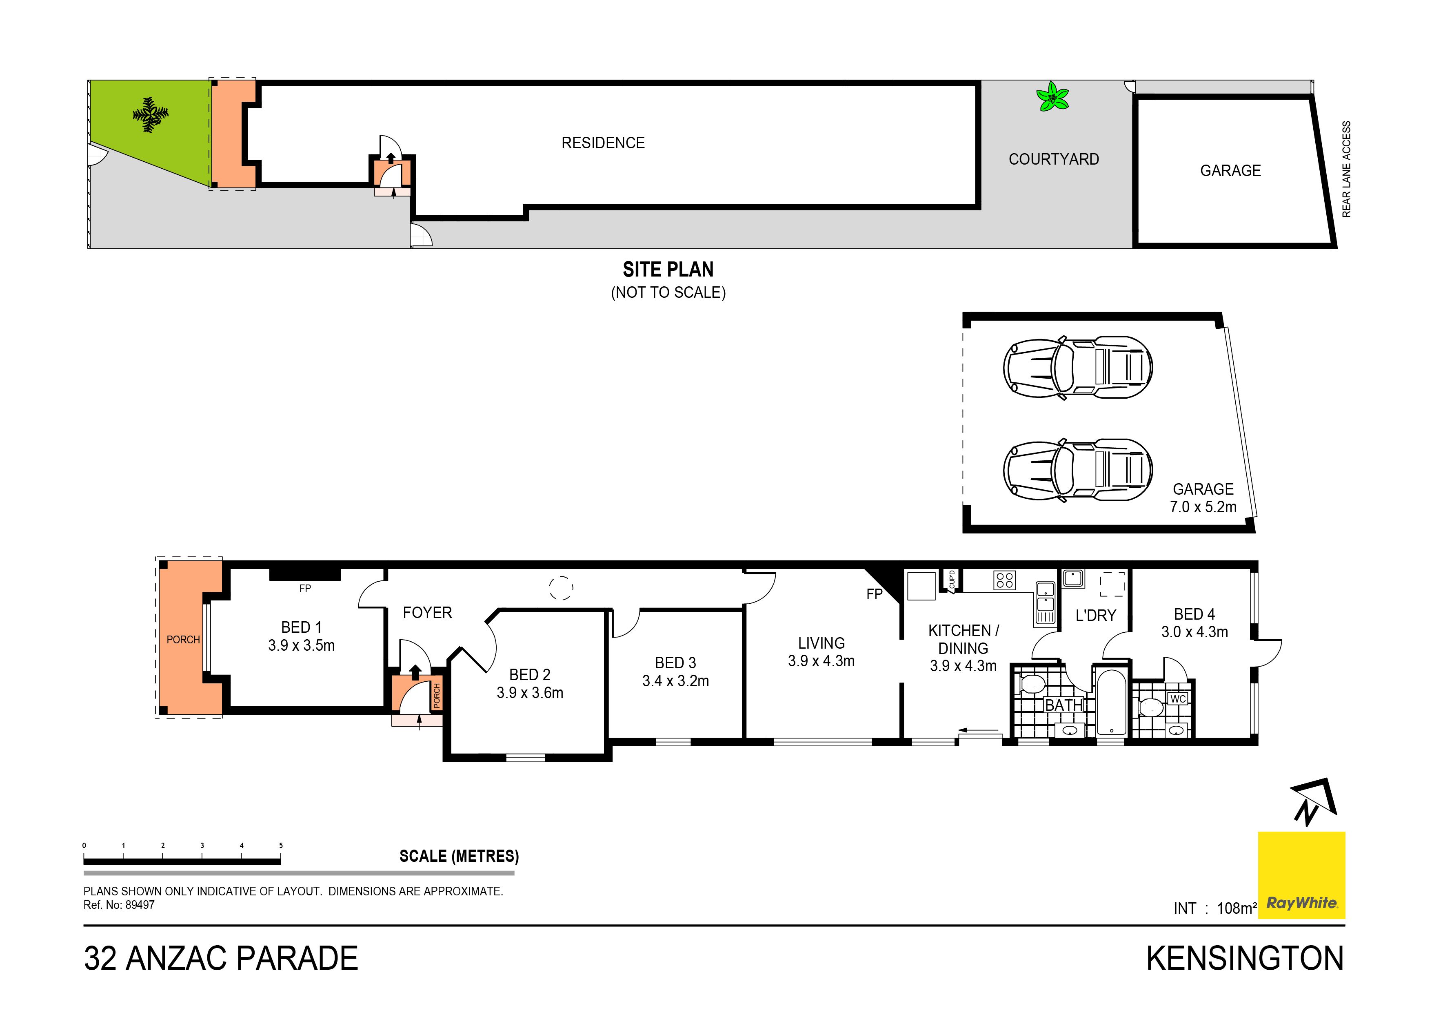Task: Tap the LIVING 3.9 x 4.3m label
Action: pos(821,652)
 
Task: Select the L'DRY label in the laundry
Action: pos(1096,616)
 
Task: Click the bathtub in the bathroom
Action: pos(1111,702)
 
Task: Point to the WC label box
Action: pos(1177,699)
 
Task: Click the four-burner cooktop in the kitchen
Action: pos(1005,580)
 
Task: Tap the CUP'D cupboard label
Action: pos(952,580)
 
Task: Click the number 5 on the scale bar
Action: pos(281,846)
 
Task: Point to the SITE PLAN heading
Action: pos(668,270)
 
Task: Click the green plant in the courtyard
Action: pos(1053,97)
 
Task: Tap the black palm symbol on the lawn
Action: pos(150,115)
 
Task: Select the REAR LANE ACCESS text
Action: pos(1346,169)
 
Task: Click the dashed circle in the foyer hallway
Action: pos(561,587)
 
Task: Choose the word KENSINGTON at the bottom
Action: pos(1245,958)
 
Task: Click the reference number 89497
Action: pos(140,905)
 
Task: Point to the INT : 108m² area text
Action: pos(1215,908)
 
